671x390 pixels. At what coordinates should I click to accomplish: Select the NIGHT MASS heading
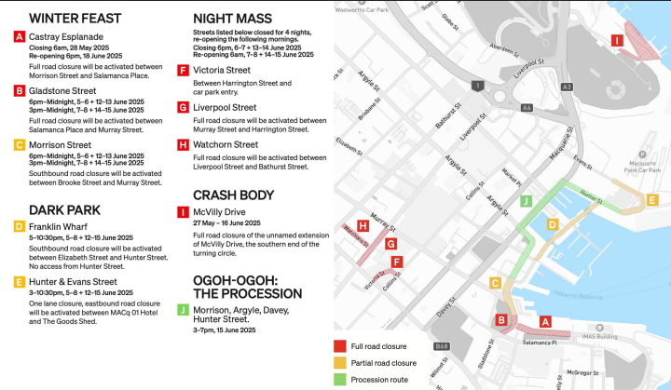232,18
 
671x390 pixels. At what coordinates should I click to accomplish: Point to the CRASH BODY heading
233,195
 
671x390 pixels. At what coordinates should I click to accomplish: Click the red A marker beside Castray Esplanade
20,36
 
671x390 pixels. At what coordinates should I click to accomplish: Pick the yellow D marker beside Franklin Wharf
20,226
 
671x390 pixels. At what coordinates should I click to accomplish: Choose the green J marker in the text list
183,309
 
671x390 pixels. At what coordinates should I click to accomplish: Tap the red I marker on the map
616,40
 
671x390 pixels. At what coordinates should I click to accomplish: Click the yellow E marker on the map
652,200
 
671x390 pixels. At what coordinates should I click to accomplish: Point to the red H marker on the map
363,225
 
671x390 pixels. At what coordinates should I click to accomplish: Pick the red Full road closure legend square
340,346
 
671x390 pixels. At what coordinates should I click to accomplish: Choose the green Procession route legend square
340,379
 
